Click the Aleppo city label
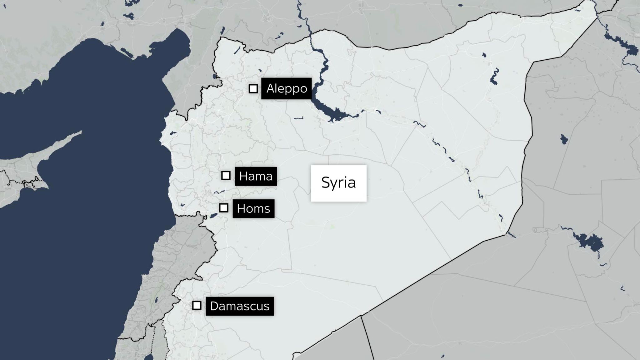coord(286,88)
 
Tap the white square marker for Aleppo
coord(253,89)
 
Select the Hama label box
coord(256,177)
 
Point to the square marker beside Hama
coord(226,176)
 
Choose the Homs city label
coord(253,208)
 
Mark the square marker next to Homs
coord(224,208)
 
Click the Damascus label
coord(240,306)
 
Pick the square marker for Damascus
coord(197,305)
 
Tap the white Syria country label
coord(338,183)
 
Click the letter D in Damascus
coord(214,306)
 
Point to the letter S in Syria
coord(325,183)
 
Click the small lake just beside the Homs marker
coord(213,216)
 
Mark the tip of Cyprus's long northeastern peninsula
coord(81,132)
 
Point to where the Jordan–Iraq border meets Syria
coord(361,316)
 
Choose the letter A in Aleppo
coord(270,89)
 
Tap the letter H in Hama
coord(243,177)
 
